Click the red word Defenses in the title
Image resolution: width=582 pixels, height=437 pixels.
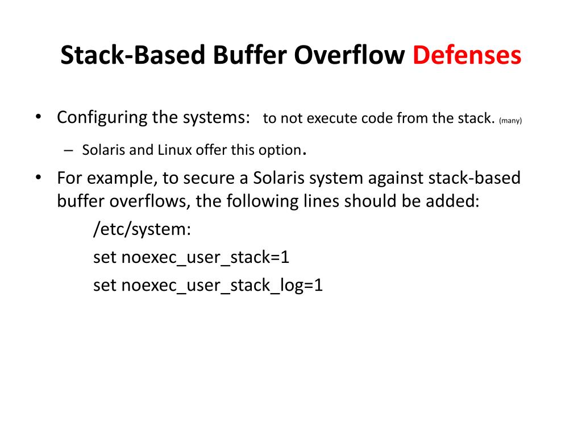[467, 56]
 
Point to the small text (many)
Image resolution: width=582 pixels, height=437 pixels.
[510, 120]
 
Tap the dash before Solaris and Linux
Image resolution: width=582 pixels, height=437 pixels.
[69, 150]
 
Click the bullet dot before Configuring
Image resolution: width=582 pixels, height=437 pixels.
[38, 117]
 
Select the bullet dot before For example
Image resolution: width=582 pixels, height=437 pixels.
[38, 178]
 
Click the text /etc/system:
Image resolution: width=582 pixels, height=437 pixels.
[142, 229]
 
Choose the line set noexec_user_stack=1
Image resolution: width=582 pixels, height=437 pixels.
[192, 257]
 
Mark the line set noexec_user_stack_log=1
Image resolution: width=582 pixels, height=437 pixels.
[208, 285]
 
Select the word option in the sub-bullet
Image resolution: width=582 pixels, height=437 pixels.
[281, 150]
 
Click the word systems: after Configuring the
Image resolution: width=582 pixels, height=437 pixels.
[216, 118]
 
